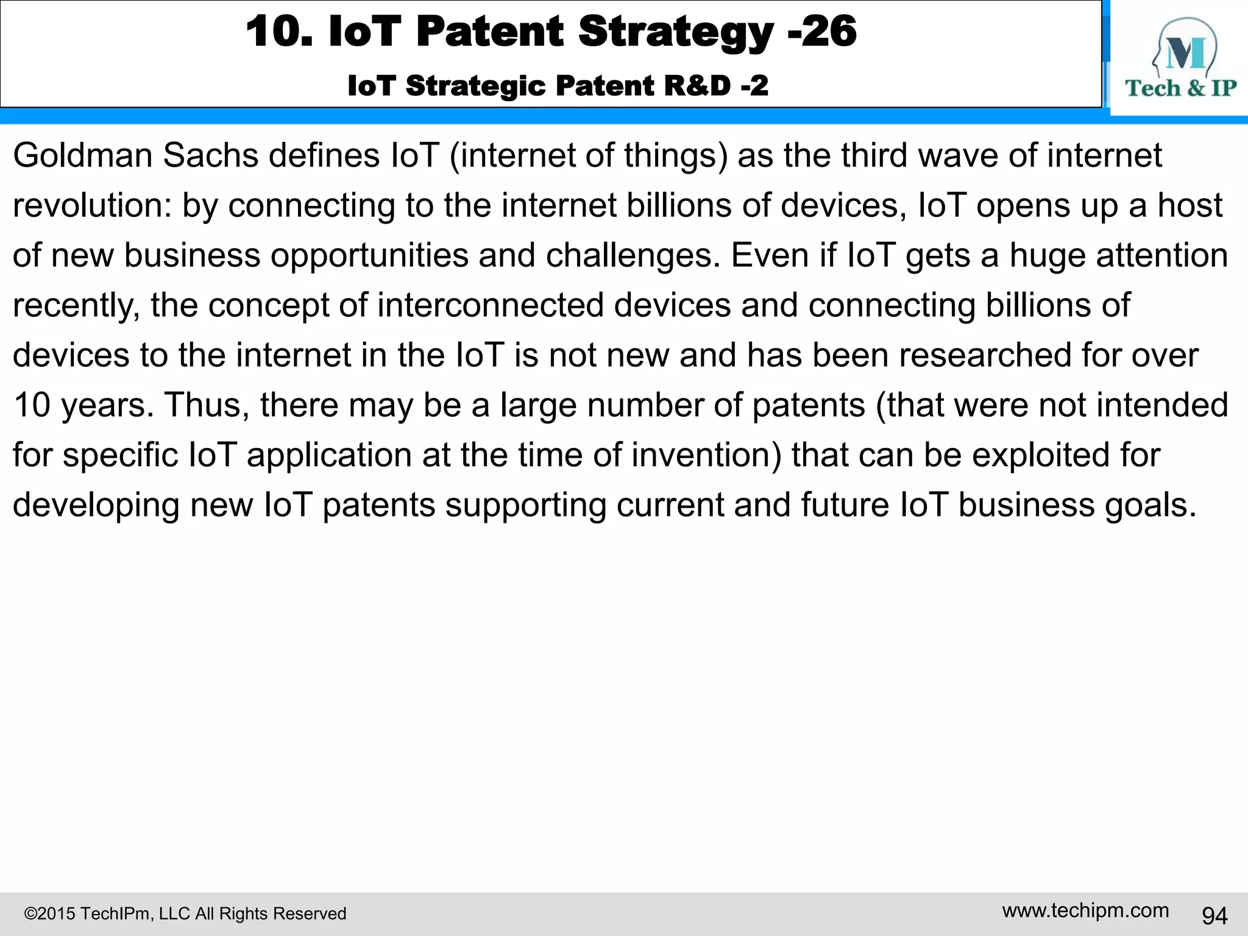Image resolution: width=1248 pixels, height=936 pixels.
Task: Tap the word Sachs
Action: (210, 155)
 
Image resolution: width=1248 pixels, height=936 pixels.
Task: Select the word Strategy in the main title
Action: (675, 32)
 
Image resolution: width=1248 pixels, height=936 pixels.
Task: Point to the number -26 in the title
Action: (822, 32)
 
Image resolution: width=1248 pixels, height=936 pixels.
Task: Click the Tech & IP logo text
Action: (1180, 88)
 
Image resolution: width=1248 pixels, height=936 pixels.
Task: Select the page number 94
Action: (1214, 915)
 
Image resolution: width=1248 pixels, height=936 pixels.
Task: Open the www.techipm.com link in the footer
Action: (1085, 910)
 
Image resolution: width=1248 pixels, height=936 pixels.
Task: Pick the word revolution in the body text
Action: (91, 205)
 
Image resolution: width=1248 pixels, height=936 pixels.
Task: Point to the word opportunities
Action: (369, 255)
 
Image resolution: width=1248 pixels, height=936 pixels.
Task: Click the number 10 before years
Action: (31, 405)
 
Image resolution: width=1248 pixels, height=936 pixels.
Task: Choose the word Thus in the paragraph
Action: (206, 405)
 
